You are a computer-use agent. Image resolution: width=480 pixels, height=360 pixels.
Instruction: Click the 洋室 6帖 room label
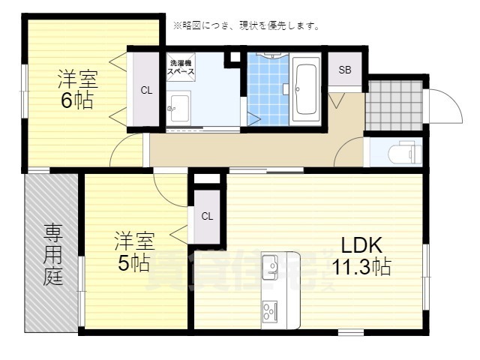(x=76, y=89)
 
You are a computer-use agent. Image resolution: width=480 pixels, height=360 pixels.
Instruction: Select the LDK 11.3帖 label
(x=363, y=254)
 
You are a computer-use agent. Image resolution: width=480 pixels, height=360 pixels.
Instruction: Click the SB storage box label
(x=345, y=70)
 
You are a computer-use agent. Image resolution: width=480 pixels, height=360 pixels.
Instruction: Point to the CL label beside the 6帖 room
(x=146, y=91)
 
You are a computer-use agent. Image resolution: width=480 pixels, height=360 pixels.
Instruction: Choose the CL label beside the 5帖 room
(x=207, y=215)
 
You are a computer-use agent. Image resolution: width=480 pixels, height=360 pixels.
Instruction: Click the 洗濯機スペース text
(x=183, y=67)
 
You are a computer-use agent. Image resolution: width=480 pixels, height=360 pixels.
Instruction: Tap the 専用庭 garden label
(x=52, y=253)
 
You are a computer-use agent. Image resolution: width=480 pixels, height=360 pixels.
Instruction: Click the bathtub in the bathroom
(x=305, y=91)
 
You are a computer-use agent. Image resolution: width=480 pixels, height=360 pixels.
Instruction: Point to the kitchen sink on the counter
(x=271, y=265)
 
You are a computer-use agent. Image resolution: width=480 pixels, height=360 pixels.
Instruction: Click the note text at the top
(x=246, y=25)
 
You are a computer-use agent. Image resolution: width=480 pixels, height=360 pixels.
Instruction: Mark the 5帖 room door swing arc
(x=169, y=187)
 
